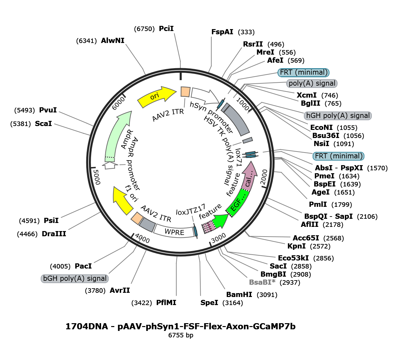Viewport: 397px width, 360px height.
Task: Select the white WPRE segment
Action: [x=173, y=231]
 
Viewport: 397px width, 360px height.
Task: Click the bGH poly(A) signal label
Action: [x=75, y=279]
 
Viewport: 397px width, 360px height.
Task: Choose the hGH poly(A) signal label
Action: [x=338, y=116]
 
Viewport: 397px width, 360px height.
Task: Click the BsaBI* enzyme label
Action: [x=262, y=282]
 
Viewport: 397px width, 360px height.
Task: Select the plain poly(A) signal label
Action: [x=312, y=83]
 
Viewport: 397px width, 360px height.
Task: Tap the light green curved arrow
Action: [x=116, y=136]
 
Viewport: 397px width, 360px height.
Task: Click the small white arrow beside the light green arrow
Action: [x=110, y=165]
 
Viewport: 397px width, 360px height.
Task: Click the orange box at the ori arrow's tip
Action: [x=185, y=91]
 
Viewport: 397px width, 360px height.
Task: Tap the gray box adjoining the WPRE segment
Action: [x=147, y=224]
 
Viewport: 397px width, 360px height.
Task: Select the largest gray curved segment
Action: [x=236, y=120]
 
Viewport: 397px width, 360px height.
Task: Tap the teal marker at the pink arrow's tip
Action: [x=250, y=155]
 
